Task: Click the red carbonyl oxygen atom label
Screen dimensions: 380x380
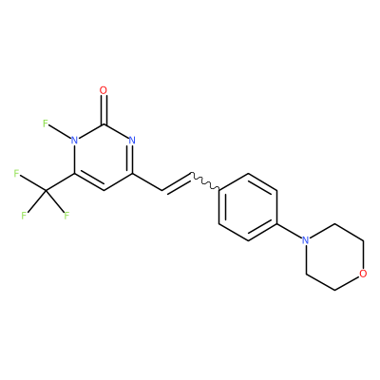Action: point(104,90)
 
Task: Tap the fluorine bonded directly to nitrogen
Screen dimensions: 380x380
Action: point(45,123)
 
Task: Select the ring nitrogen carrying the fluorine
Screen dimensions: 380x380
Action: point(74,140)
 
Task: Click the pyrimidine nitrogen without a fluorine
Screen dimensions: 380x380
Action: point(132,140)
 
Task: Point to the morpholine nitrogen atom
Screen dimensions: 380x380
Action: point(305,240)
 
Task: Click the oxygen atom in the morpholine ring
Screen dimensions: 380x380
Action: point(364,274)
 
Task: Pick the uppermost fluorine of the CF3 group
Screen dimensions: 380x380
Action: point(16,174)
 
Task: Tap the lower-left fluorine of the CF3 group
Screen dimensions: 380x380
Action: point(24,216)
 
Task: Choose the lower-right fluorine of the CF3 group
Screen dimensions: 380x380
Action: point(66,216)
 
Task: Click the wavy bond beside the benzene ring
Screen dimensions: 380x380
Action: point(205,181)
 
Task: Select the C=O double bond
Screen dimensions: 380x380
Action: point(104,110)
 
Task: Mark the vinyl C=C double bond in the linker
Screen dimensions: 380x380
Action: point(177,182)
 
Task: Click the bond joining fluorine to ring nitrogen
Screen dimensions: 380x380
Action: point(60,132)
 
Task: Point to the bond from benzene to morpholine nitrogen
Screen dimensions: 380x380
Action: point(290,231)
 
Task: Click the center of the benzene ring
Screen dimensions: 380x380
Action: point(248,207)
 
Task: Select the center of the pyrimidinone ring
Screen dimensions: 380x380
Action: point(104,157)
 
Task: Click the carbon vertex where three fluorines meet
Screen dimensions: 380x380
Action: point(46,191)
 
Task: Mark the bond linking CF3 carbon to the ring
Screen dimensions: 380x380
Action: point(60,182)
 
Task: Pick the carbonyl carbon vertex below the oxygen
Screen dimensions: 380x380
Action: point(104,124)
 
